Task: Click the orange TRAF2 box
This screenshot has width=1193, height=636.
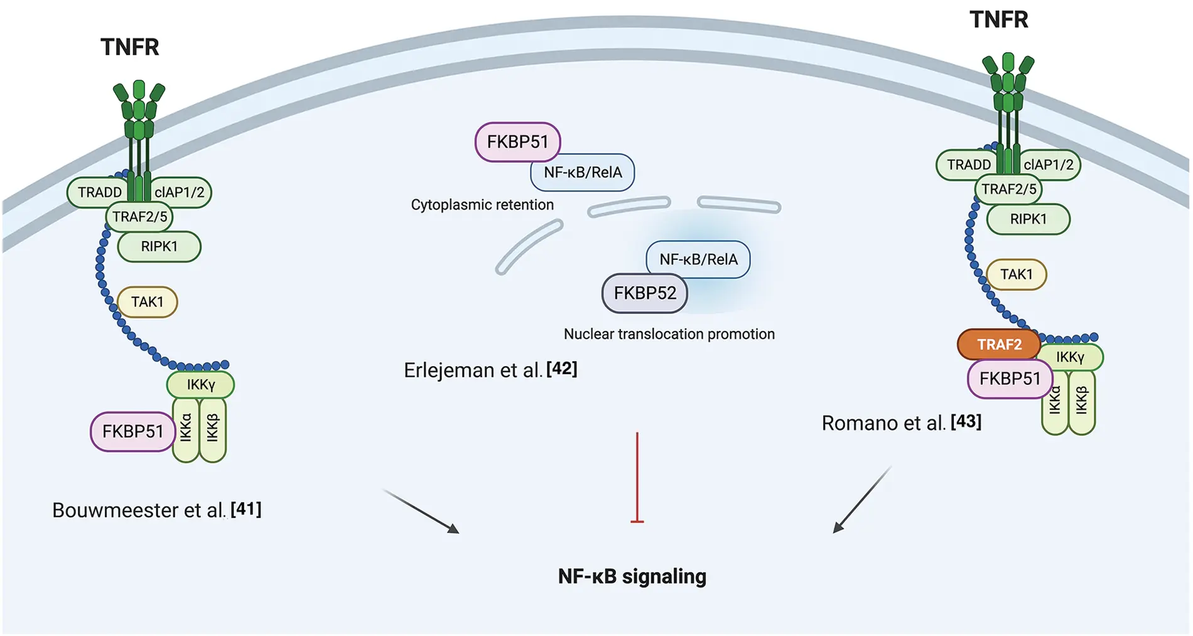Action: click(998, 344)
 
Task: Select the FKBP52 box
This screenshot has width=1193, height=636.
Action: click(644, 293)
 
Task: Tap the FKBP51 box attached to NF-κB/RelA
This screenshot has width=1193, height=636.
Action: click(517, 142)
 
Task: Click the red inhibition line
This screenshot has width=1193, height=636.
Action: click(637, 477)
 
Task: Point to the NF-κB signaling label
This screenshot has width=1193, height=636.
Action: click(632, 576)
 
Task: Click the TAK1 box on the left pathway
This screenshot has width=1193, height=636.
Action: click(148, 302)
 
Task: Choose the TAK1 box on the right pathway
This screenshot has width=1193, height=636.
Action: click(1016, 274)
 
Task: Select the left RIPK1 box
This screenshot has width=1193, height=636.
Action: click(159, 247)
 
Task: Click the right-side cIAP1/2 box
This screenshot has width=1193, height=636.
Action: click(1049, 164)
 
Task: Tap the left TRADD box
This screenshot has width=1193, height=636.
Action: click(99, 192)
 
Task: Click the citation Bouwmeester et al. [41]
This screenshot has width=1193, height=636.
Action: click(156, 510)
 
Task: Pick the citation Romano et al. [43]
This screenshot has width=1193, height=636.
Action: click(901, 423)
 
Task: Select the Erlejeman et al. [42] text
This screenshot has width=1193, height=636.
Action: click(490, 370)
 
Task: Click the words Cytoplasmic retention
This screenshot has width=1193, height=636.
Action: click(482, 205)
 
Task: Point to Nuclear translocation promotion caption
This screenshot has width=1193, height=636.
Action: click(669, 334)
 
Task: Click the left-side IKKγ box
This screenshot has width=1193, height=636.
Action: click(200, 384)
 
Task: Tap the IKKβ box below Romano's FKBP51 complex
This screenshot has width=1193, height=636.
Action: click(1081, 402)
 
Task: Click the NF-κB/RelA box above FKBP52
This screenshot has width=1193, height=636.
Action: click(698, 259)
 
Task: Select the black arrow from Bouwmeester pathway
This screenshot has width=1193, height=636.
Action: click(421, 511)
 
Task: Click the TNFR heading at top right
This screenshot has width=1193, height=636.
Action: click(998, 19)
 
